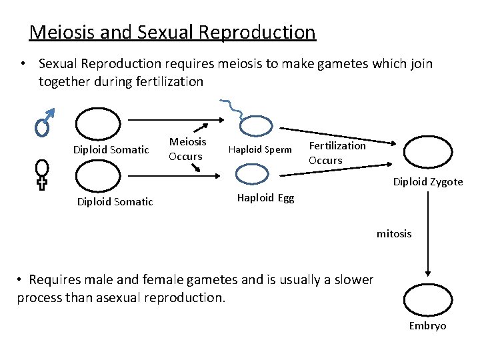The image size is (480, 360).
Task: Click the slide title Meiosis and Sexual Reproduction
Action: pos(173,31)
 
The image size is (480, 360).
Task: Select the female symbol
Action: pos(43,174)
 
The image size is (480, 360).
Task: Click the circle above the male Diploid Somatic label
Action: pos(98,124)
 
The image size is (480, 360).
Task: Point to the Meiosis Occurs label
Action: pos(187,149)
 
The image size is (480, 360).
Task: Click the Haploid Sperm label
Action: pos(260,149)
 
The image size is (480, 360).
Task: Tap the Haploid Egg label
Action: pos(265,198)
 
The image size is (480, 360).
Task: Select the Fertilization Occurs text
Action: pos(337,153)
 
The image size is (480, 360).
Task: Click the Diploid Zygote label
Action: pos(427,181)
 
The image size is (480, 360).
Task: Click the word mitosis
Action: pos(394,233)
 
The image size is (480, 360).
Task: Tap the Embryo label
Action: pos(427,325)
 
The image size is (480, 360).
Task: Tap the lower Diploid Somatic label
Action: pos(115,201)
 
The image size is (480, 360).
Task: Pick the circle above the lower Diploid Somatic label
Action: pos(98,176)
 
